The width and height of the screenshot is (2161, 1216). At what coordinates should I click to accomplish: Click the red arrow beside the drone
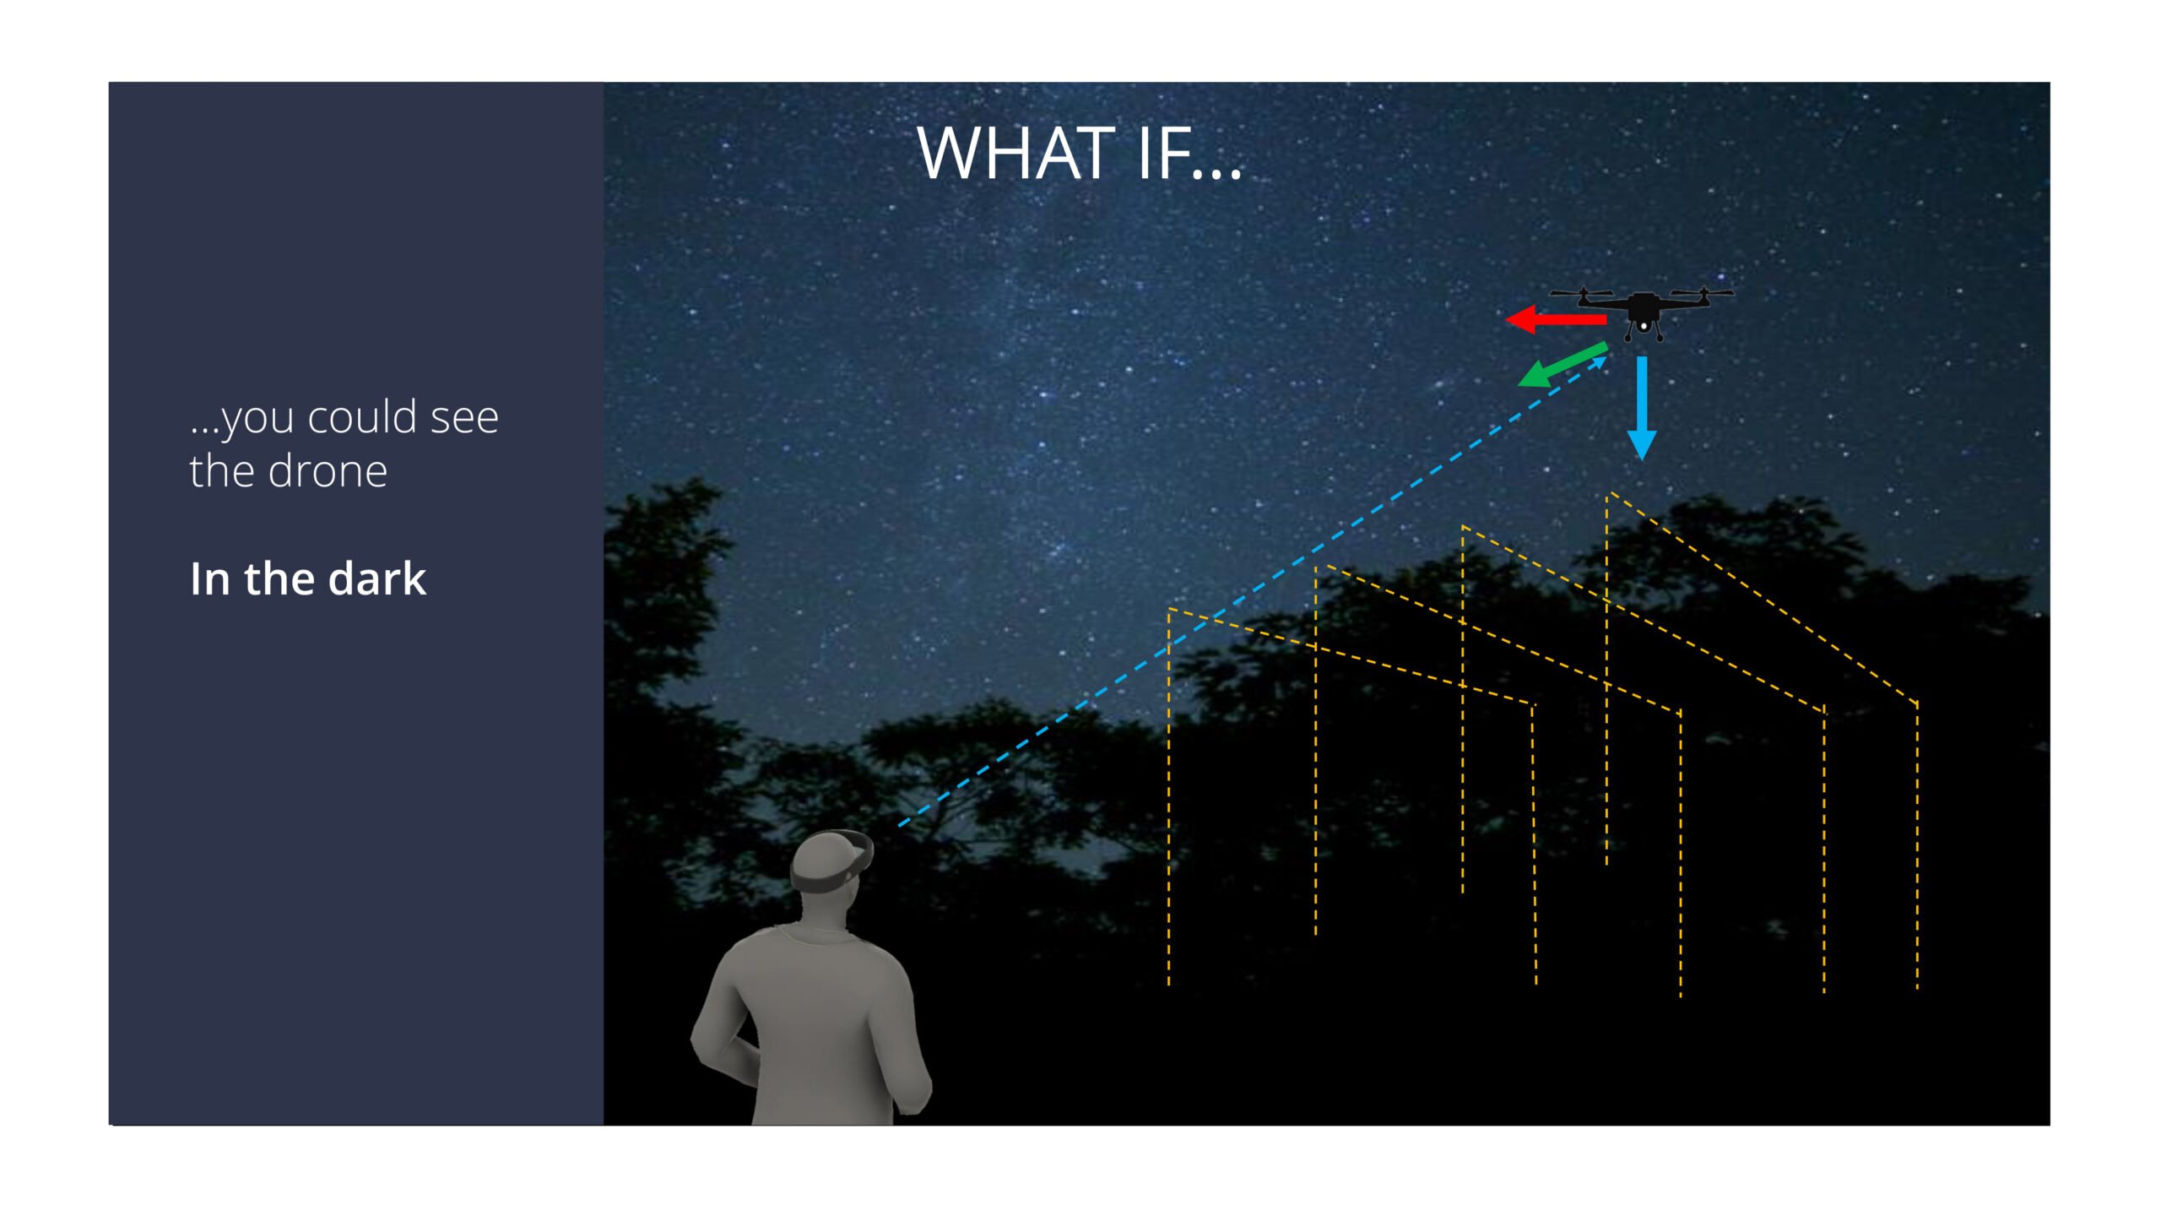pos(1556,319)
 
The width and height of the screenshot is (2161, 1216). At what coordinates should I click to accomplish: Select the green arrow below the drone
pos(1563,365)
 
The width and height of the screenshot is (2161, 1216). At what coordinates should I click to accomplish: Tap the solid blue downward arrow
pos(1642,408)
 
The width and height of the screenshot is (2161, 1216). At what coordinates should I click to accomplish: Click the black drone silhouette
pos(1642,312)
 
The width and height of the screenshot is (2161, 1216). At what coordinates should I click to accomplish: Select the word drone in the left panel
pos(328,471)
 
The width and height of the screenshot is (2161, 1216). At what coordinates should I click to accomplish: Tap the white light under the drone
pos(1644,326)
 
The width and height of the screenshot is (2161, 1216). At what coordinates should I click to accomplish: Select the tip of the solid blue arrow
pos(1642,460)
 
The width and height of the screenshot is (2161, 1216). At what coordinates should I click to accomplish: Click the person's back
pos(810,1022)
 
